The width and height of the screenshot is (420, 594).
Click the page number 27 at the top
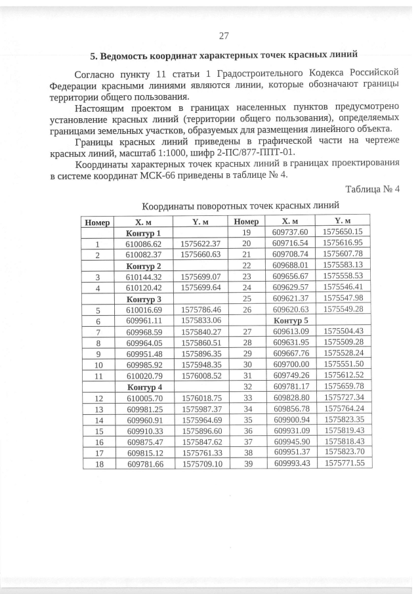click(223, 35)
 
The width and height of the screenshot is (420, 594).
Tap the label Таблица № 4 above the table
click(372, 190)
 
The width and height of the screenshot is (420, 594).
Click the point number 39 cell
click(247, 463)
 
